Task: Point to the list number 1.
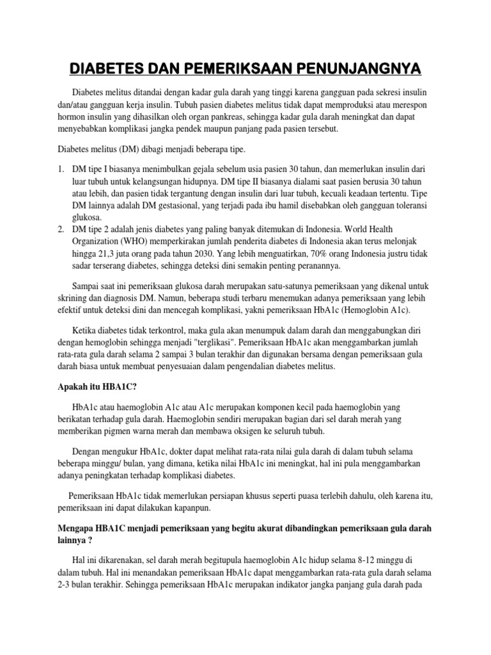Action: (60, 170)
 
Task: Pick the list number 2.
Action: (60, 229)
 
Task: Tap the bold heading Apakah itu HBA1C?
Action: (98, 387)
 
